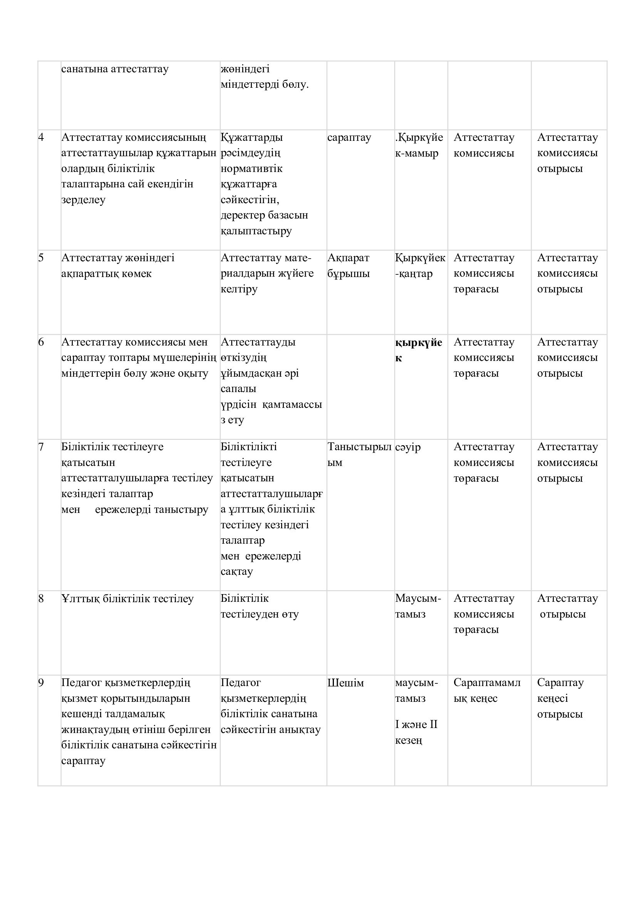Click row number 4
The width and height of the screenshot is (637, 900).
(x=41, y=137)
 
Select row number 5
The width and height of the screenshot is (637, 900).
(x=41, y=257)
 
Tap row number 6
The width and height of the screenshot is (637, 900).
(x=41, y=342)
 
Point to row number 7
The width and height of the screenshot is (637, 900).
(x=41, y=446)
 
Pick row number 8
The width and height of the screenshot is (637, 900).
(x=41, y=599)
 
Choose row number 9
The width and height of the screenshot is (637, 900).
(x=41, y=683)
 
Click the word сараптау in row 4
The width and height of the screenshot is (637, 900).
(x=349, y=138)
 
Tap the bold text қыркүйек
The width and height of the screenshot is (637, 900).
(x=418, y=350)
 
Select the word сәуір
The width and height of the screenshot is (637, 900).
(x=407, y=447)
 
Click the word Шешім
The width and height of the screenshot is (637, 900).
(x=345, y=683)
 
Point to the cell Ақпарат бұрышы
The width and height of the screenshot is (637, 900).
(x=348, y=265)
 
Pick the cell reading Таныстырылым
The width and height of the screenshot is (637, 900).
(x=359, y=454)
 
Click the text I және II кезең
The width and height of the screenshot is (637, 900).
(x=416, y=732)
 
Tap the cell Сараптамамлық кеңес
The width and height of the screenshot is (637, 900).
(x=487, y=690)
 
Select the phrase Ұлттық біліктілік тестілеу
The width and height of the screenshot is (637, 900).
(x=127, y=599)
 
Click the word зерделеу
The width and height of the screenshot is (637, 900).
(x=84, y=200)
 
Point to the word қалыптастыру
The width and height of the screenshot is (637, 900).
(x=256, y=231)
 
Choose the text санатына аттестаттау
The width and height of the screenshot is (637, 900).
(x=115, y=69)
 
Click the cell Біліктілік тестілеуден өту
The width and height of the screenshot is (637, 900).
(x=259, y=606)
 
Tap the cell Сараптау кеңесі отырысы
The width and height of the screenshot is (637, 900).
(x=560, y=698)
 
